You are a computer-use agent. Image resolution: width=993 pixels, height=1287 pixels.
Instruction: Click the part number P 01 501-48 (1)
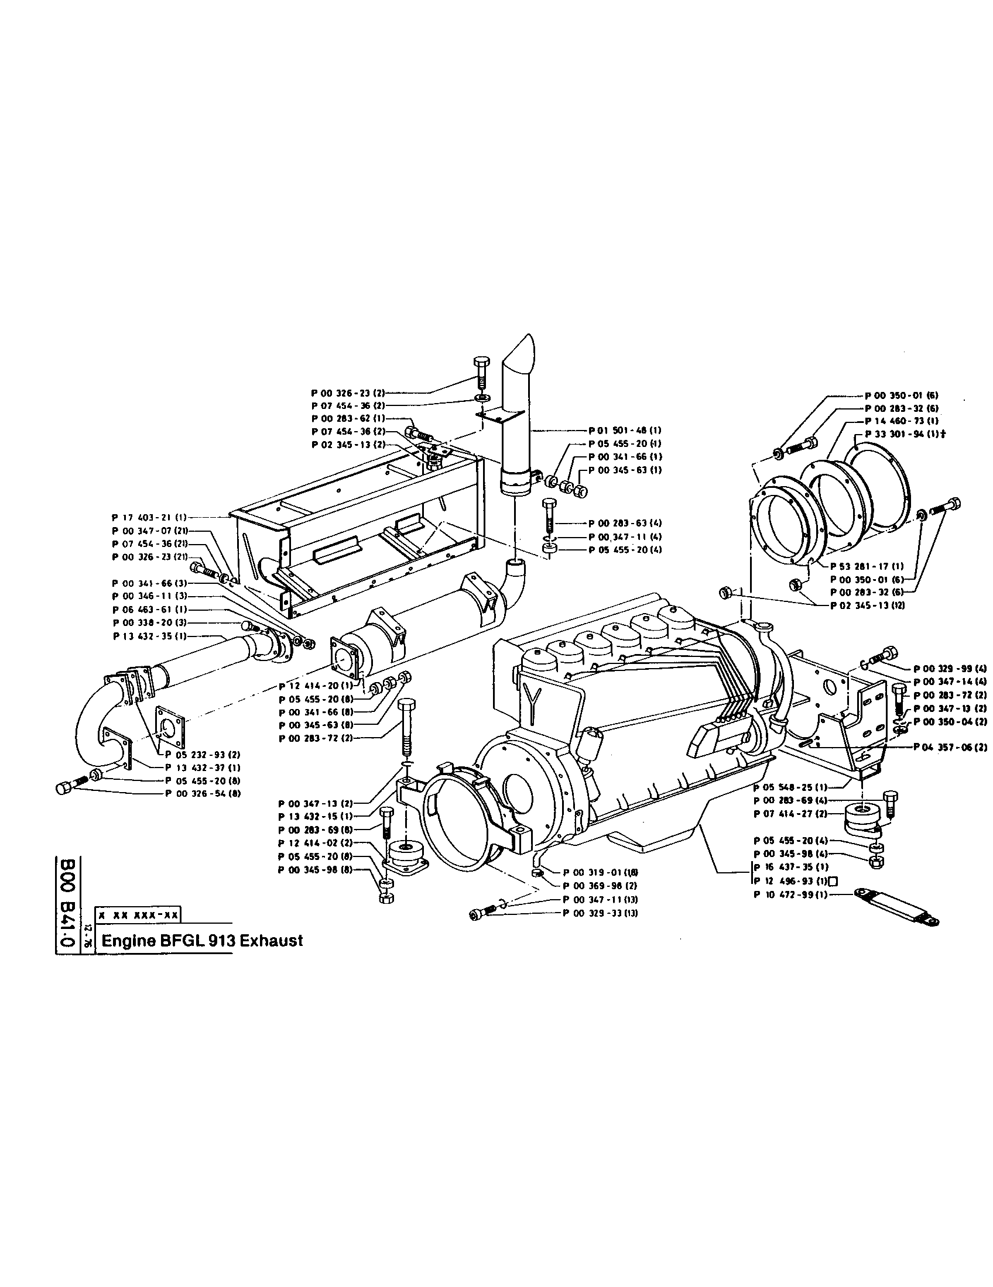625,431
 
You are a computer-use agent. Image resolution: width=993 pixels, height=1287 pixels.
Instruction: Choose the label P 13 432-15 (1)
316,817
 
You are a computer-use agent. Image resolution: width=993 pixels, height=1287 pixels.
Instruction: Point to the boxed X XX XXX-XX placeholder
139,916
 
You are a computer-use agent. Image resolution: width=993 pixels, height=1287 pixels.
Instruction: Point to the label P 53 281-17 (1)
867,566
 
